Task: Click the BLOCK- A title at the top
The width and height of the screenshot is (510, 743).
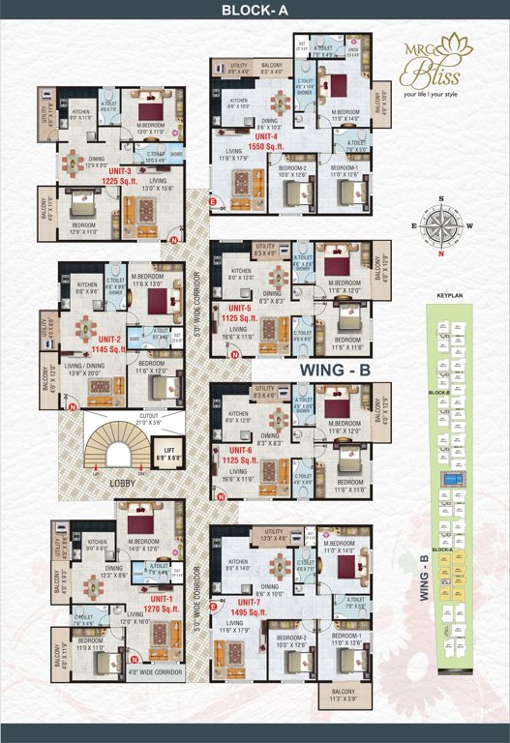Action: pyautogui.click(x=255, y=13)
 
